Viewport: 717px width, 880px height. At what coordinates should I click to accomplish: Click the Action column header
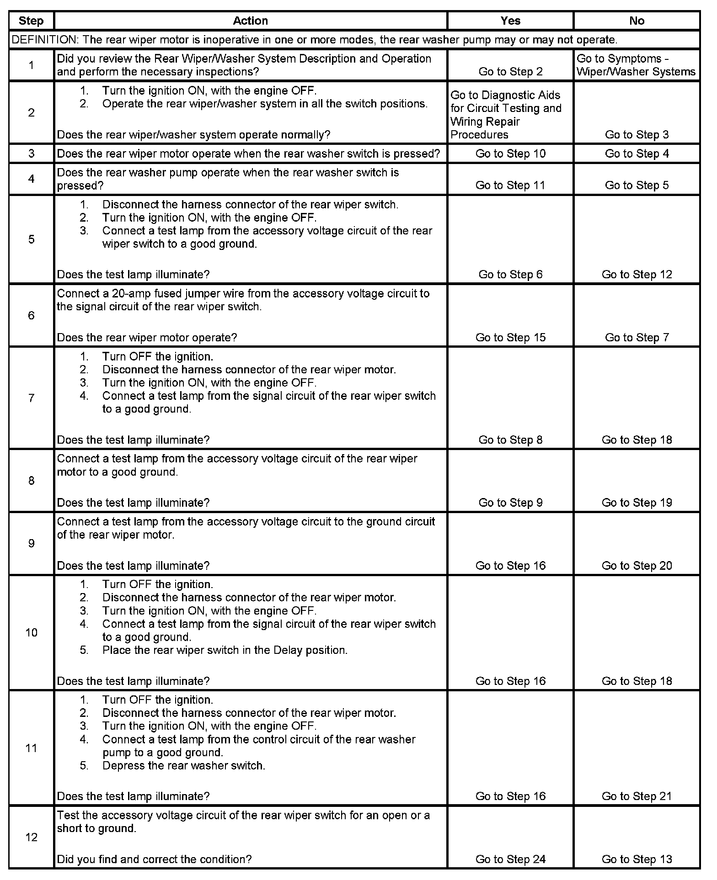pyautogui.click(x=250, y=21)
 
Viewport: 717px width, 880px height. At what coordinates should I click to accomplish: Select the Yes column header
pyautogui.click(x=510, y=21)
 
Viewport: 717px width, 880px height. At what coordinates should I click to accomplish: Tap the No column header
pyautogui.click(x=637, y=21)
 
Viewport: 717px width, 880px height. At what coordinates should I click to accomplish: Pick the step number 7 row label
pyautogui.click(x=31, y=398)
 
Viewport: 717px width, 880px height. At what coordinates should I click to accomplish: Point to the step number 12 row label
pyautogui.click(x=31, y=837)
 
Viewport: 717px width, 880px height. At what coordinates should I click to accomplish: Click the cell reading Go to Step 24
pyautogui.click(x=510, y=859)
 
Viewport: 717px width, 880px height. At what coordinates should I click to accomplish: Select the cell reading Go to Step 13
pyautogui.click(x=637, y=859)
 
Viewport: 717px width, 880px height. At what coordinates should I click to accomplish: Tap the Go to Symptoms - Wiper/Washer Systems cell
pyautogui.click(x=636, y=65)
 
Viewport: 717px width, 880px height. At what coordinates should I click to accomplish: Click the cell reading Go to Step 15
pyautogui.click(x=510, y=337)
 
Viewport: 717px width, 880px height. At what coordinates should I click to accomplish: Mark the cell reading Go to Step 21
pyautogui.click(x=637, y=796)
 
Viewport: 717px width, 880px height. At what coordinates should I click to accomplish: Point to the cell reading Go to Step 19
pyautogui.click(x=637, y=503)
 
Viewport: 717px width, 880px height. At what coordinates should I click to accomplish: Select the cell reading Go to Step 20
pyautogui.click(x=637, y=566)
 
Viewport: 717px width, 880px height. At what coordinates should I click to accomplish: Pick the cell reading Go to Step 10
pyautogui.click(x=510, y=154)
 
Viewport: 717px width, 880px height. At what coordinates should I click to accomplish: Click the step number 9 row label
pyautogui.click(x=31, y=543)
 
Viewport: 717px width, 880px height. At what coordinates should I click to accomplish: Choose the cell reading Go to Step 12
pyautogui.click(x=637, y=274)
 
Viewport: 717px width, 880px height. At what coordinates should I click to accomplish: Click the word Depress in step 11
pyautogui.click(x=121, y=765)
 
